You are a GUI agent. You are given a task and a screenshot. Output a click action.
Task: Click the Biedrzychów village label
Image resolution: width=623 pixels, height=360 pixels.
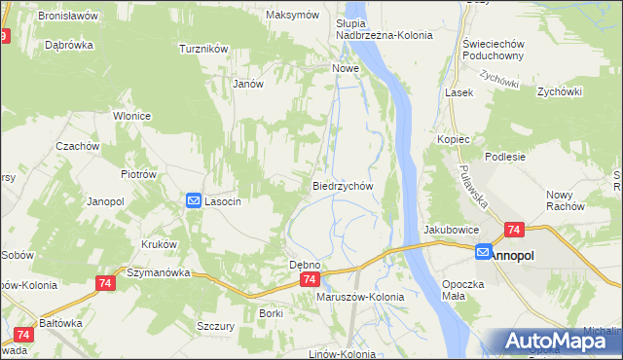[x=343, y=185]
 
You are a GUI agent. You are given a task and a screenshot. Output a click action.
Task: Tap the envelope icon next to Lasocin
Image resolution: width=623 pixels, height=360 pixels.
[x=194, y=200]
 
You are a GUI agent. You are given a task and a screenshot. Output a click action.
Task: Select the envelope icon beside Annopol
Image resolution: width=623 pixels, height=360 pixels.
[x=484, y=253]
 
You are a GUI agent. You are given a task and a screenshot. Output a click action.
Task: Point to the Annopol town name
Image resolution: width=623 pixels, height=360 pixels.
[x=517, y=254]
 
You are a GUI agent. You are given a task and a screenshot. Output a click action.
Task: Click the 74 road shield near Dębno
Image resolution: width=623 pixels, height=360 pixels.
[x=309, y=279]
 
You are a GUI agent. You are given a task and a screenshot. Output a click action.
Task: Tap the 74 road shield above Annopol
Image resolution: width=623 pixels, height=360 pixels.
[x=514, y=231]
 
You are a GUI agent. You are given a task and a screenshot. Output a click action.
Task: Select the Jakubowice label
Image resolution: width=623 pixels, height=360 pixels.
[x=450, y=230]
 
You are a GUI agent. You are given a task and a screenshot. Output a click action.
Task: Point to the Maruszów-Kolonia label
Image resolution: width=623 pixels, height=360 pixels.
[x=360, y=297]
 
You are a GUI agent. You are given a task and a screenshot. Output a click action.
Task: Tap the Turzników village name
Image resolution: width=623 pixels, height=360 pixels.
[x=203, y=48]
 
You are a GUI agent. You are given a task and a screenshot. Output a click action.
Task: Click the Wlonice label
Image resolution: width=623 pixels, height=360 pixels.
[x=130, y=115]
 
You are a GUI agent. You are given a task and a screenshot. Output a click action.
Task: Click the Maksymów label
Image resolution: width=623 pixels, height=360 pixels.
[x=293, y=16]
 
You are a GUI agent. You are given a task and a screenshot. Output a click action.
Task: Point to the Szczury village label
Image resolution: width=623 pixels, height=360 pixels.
[x=215, y=326]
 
